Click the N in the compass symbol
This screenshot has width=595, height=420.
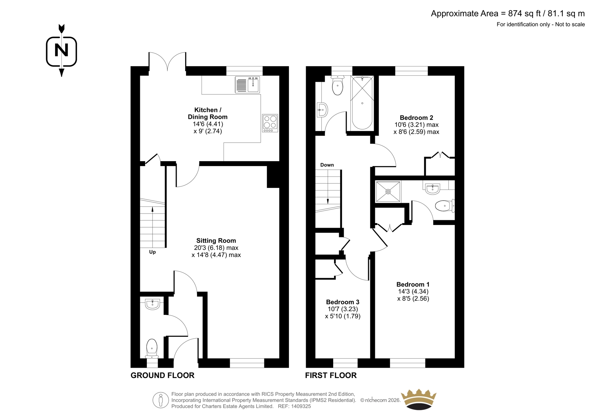[x=61, y=50]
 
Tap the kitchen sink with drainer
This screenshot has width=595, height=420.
[x=247, y=85]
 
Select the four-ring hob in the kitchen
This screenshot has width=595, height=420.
[x=270, y=123]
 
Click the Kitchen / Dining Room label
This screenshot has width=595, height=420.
[x=208, y=113]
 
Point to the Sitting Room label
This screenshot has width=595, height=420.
[x=216, y=241]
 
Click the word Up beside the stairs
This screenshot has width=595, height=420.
[x=152, y=252]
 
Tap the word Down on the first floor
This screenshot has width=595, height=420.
[x=327, y=165]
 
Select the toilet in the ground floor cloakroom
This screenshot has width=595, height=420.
[x=152, y=348]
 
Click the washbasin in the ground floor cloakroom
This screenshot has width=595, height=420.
[x=152, y=304]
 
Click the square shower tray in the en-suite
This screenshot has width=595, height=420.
[x=388, y=192]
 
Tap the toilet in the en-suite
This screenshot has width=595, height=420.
[x=445, y=206]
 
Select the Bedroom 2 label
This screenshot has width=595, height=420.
[x=416, y=118]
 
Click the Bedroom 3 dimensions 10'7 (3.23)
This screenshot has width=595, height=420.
[x=342, y=309]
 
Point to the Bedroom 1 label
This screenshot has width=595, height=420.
[x=413, y=284]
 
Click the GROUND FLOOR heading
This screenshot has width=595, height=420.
[x=163, y=375]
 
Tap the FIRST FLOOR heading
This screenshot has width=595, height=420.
[x=331, y=375]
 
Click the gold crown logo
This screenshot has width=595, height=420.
[x=419, y=400]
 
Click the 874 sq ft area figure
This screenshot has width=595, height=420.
[x=525, y=13]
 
